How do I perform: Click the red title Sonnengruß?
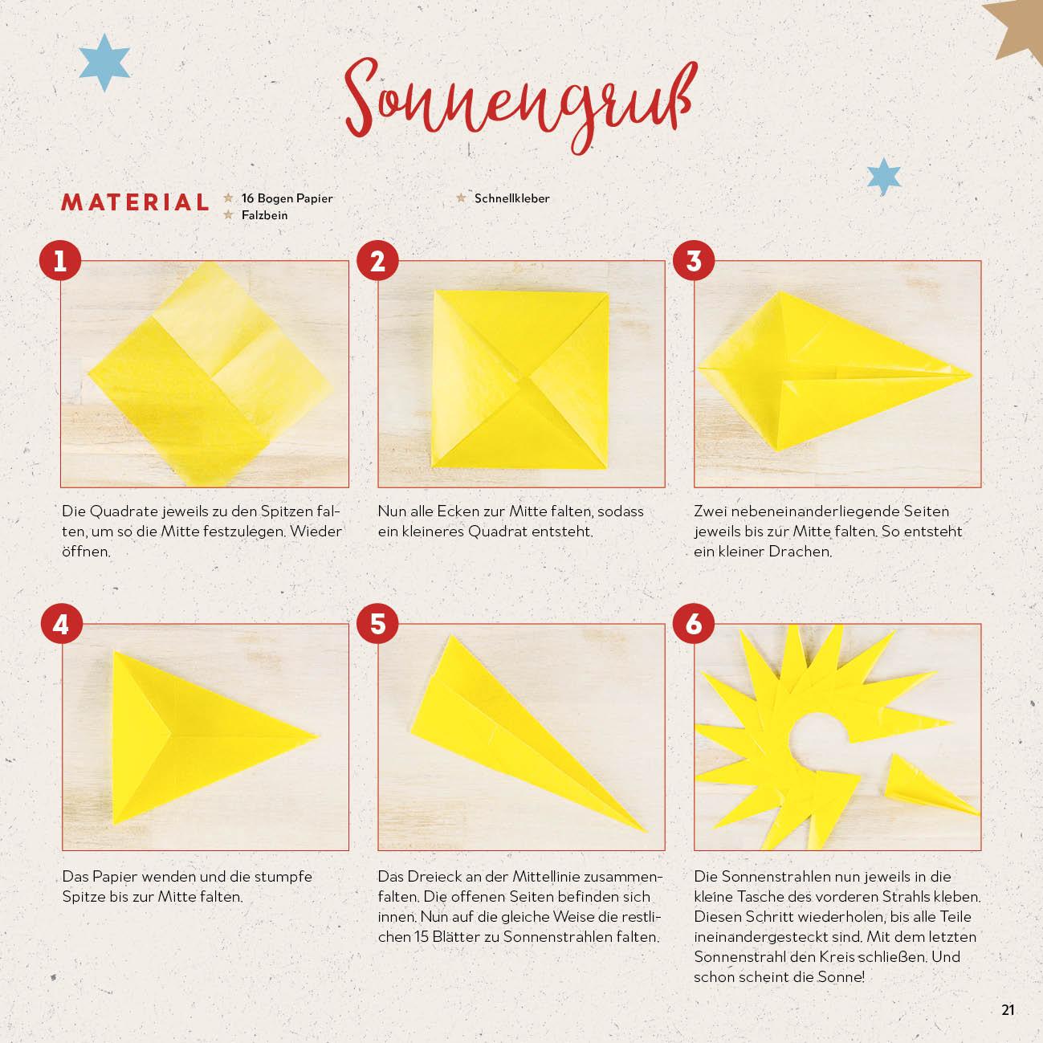[x=519, y=105]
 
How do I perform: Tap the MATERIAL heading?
[x=135, y=202]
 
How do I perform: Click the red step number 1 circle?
[x=60, y=260]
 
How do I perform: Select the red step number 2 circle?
[x=377, y=260]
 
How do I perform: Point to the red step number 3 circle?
[x=694, y=260]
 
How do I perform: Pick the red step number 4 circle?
[x=62, y=624]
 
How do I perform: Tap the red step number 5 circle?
[x=377, y=624]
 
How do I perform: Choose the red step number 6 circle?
[x=694, y=624]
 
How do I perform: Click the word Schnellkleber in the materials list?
[x=511, y=198]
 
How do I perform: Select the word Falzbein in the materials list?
[x=264, y=215]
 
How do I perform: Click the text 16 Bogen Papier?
[x=287, y=198]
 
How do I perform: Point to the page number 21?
[x=1008, y=1010]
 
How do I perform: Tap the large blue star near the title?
[x=104, y=63]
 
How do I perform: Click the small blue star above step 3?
[x=884, y=177]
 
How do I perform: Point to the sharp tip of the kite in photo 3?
[x=972, y=374]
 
